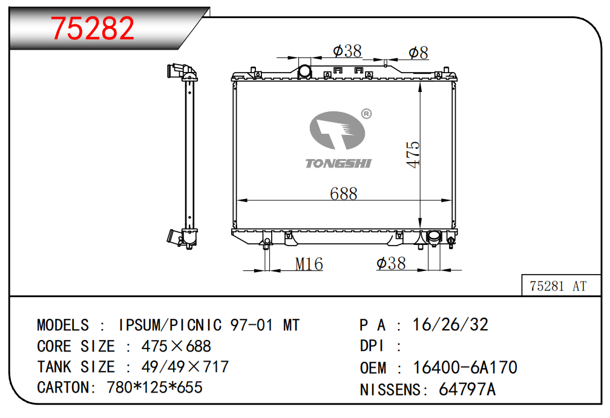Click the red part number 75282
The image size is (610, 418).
[93, 28]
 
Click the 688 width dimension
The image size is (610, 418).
[344, 193]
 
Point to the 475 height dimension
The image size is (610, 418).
[413, 155]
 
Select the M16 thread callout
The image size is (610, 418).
[309, 264]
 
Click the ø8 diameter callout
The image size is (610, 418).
[418, 53]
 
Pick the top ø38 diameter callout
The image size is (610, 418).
[347, 51]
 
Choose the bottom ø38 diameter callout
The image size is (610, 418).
[391, 264]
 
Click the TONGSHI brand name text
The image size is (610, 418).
[338, 163]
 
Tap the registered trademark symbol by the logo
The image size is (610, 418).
[367, 114]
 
